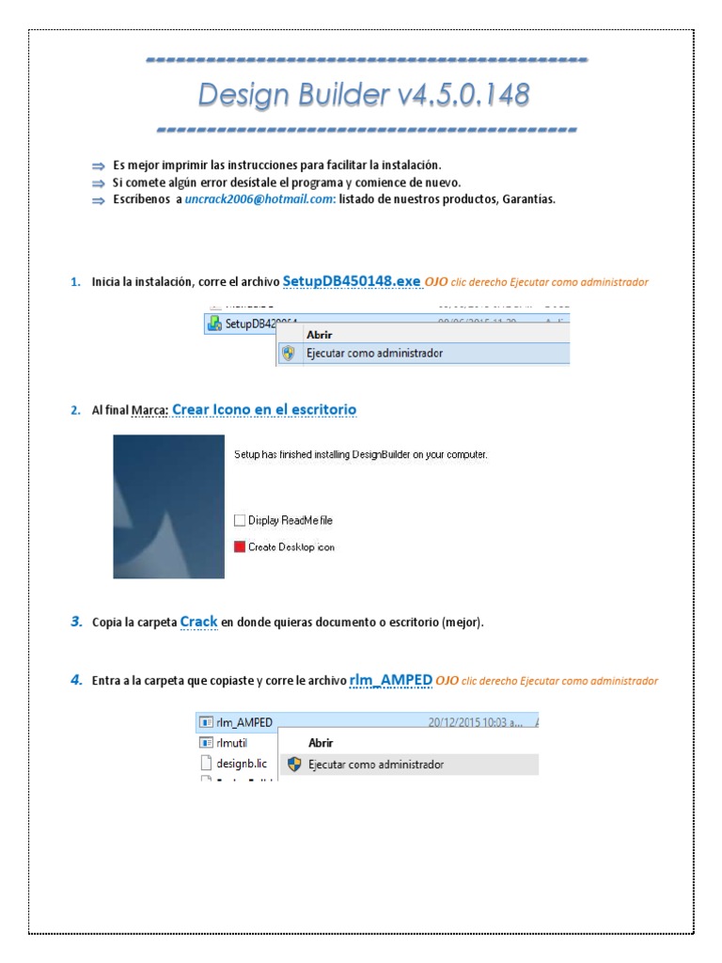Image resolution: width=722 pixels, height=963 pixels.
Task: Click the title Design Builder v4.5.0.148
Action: coord(363,94)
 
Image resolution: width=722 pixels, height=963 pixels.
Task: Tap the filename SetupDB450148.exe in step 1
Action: coord(351,281)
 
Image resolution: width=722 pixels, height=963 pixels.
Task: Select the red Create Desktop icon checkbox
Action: coord(239,546)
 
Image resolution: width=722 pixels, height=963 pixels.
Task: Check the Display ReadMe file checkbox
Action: coord(239,520)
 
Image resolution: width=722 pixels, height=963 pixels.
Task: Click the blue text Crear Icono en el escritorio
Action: coord(264,410)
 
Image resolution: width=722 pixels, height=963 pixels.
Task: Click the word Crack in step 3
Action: coord(198,622)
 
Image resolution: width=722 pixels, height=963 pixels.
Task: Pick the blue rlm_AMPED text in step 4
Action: coord(390,680)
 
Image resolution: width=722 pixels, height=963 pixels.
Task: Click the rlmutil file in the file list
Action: coord(232,743)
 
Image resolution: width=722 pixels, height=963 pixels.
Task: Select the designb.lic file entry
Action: coord(235,764)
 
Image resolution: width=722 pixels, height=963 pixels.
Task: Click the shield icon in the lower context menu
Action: coord(294,765)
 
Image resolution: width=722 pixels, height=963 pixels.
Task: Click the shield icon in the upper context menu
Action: coord(289,354)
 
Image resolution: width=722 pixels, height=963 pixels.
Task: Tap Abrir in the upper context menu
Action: coord(320,334)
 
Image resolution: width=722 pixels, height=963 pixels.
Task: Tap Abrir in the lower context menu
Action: coord(322,743)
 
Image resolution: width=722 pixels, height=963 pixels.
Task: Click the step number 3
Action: coord(75,622)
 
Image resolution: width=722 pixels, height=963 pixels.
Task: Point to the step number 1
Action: coord(75,282)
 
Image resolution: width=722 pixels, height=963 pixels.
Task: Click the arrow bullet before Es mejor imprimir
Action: coord(98,166)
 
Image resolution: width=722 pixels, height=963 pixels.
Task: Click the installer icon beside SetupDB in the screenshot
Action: coord(213,324)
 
